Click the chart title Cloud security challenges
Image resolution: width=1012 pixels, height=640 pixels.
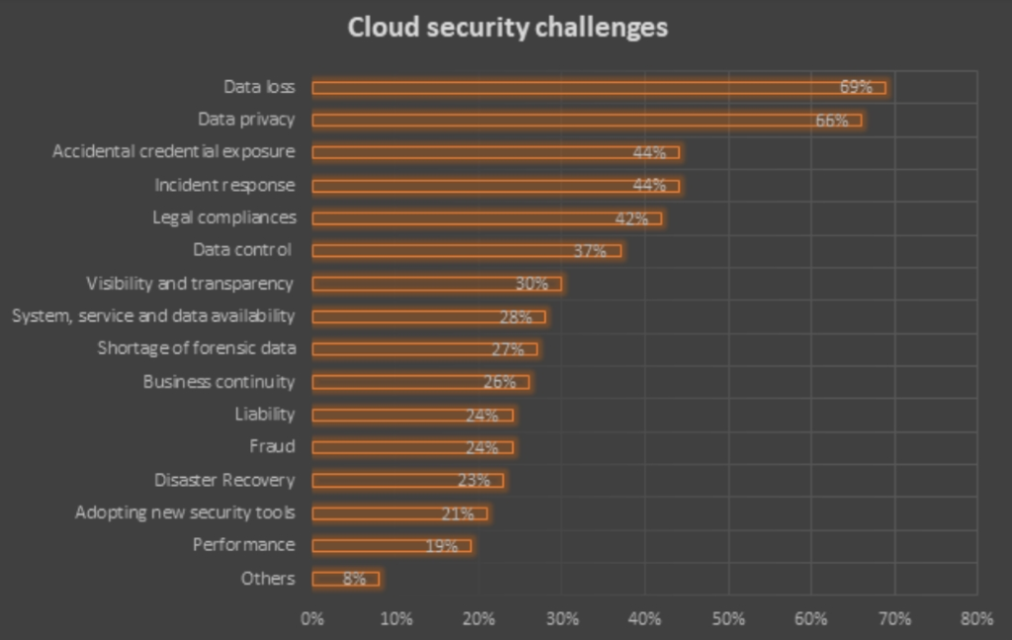point(507,28)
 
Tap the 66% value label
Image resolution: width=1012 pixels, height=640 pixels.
point(832,120)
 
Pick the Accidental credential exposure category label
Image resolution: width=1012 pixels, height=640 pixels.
point(173,152)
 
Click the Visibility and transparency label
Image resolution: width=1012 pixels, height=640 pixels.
point(190,283)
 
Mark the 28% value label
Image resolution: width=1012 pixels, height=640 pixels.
point(516,317)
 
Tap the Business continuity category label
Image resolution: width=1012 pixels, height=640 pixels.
point(218,381)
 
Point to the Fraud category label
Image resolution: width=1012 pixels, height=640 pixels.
point(272,446)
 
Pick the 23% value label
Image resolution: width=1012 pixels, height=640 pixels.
point(474,481)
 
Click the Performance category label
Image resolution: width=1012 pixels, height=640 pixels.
point(243,545)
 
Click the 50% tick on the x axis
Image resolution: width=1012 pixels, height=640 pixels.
point(728,619)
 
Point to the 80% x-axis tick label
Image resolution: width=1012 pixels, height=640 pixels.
point(976,619)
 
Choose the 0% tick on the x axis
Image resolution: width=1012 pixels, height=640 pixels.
point(312,619)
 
